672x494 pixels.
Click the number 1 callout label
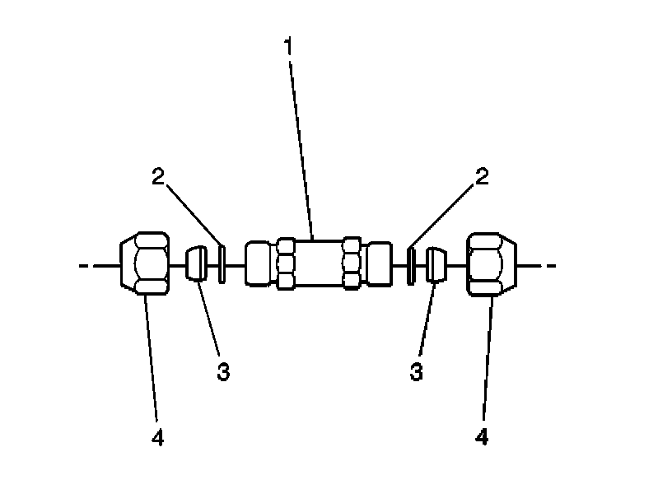pyautogui.click(x=288, y=48)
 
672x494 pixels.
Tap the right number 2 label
pyautogui.click(x=482, y=175)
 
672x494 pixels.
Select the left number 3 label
pyautogui.click(x=223, y=371)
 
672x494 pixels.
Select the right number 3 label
pyautogui.click(x=416, y=371)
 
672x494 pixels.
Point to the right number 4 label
pyautogui.click(x=483, y=438)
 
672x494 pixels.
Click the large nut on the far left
pyautogui.click(x=145, y=264)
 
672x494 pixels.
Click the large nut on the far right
pyautogui.click(x=492, y=264)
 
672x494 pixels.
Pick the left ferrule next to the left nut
pyautogui.click(x=196, y=264)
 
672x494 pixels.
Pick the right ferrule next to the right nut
pyautogui.click(x=436, y=264)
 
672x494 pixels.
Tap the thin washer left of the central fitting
pyautogui.click(x=222, y=264)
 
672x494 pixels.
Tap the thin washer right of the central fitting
pyautogui.click(x=410, y=264)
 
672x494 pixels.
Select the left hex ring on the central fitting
pyautogui.click(x=287, y=264)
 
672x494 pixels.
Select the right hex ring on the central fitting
pyautogui.click(x=352, y=264)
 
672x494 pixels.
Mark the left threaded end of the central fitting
pyautogui.click(x=259, y=264)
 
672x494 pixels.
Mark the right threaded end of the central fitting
pyautogui.click(x=380, y=264)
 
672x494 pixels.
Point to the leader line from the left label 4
pyautogui.click(x=152, y=362)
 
